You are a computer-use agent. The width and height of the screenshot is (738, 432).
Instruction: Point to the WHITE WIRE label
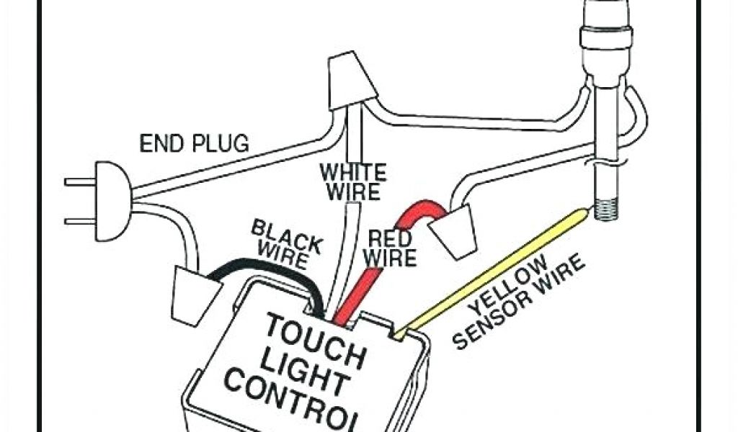point(352,182)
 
